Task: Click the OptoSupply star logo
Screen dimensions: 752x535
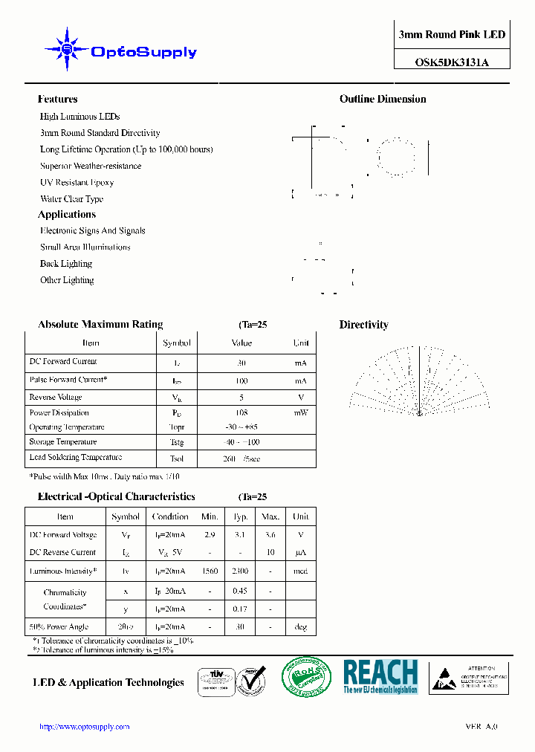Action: [67, 50]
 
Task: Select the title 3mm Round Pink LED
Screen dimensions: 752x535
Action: [452, 35]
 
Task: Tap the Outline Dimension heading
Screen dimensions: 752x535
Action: [383, 100]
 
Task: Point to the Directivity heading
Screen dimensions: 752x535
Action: [363, 325]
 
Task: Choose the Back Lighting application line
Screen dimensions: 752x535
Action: [66, 264]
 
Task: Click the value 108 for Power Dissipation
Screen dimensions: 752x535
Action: [241, 412]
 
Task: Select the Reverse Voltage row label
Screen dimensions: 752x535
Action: [55, 398]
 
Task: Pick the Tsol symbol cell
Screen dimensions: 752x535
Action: [177, 458]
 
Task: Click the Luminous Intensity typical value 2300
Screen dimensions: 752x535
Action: [240, 571]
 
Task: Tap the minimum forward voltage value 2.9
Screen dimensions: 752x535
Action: [210, 535]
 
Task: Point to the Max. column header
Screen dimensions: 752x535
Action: [270, 516]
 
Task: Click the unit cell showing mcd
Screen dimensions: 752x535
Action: [300, 571]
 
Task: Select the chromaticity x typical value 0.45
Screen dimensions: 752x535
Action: [240, 591]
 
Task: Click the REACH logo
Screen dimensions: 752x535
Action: [380, 676]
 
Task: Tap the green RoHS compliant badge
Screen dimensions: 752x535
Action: [305, 678]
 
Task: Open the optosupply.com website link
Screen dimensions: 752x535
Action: [84, 727]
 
